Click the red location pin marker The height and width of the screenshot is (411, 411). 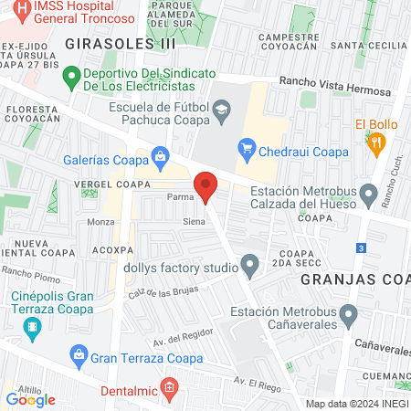(206, 186)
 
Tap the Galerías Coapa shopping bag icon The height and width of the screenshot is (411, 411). (162, 156)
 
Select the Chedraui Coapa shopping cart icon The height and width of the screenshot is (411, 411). (246, 146)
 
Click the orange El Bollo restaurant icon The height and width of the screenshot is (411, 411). (374, 142)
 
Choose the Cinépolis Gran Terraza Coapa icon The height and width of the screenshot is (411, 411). (34, 327)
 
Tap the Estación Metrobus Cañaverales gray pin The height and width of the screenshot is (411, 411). (348, 316)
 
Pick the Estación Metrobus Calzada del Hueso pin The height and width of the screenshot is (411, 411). (369, 193)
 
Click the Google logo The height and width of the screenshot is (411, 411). (31, 399)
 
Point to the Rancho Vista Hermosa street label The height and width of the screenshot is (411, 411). (335, 86)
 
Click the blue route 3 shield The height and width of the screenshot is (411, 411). (362, 248)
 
